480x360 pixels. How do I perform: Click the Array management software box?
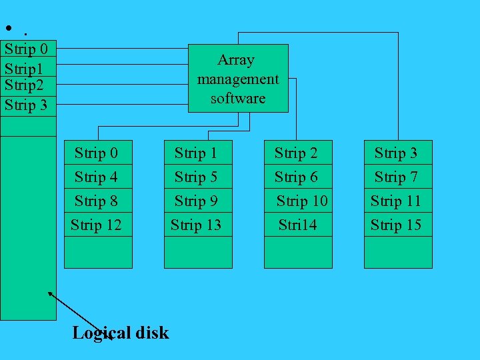[238, 78]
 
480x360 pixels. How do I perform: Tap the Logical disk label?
[121, 333]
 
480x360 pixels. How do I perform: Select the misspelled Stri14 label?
[297, 225]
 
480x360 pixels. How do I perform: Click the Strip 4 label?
[96, 177]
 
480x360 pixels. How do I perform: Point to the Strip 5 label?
[196, 177]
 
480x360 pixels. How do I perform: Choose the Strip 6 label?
[296, 177]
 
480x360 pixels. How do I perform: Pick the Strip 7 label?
[396, 177]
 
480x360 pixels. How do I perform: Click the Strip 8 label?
[96, 201]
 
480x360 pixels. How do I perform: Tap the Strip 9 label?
[196, 201]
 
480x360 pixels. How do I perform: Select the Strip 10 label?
[301, 201]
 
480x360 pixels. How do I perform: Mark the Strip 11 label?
[396, 201]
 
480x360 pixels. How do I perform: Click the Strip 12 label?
[96, 225]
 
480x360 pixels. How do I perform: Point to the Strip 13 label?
[196, 225]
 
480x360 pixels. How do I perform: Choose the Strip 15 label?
[396, 225]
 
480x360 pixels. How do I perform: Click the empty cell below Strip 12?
[98, 252]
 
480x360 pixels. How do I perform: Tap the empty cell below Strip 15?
[398, 252]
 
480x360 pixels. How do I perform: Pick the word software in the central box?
[238, 98]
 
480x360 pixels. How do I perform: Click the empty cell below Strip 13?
[198, 252]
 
